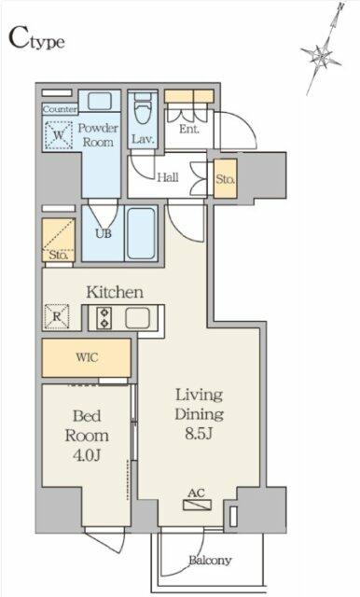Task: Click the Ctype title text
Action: tap(37, 39)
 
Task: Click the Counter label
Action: tap(58, 108)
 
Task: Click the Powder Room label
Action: tap(96, 134)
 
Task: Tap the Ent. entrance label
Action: tap(190, 129)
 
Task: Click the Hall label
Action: tap(168, 177)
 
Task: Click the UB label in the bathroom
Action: tap(104, 233)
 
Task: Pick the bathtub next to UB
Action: tap(142, 233)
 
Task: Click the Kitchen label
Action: tap(115, 292)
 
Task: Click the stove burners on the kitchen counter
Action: tap(102, 318)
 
